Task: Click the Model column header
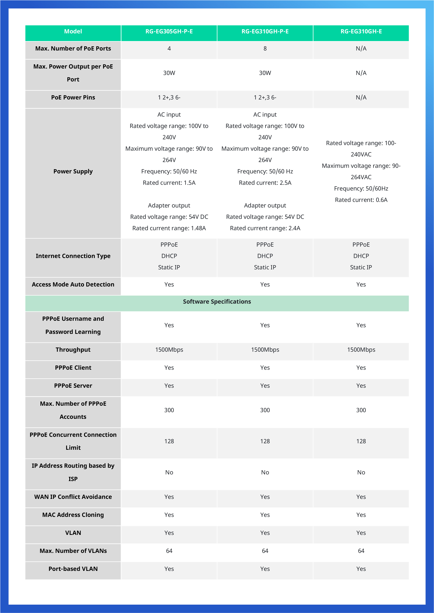pos(73,31)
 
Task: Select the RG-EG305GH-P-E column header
pos(169,31)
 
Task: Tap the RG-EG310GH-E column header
pos(361,31)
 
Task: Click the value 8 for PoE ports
pos(265,49)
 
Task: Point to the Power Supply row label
pos(73,171)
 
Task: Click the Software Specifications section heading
pos(217,302)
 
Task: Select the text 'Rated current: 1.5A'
pos(169,183)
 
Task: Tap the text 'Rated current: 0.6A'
pos(361,200)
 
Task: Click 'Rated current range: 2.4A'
pos(265,228)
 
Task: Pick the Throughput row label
pos(73,350)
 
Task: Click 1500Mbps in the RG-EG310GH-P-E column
pos(265,350)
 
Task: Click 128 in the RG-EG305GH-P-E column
pos(169,441)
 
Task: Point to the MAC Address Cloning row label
pos(73,515)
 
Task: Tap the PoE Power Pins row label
pos(73,98)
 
